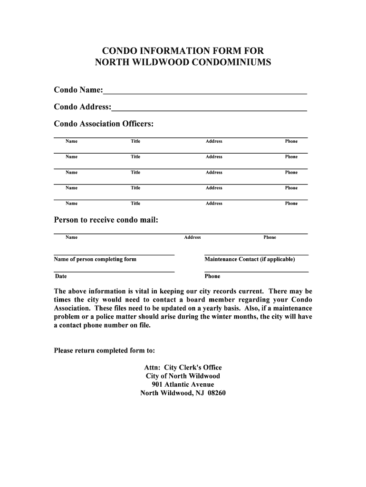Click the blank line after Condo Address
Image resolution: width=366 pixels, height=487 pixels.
click(x=209, y=110)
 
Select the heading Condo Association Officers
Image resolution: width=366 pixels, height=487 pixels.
click(x=104, y=124)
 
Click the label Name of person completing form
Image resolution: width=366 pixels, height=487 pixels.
click(x=95, y=259)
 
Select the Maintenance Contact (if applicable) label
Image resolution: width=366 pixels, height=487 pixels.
click(x=250, y=259)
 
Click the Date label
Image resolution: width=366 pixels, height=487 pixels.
click(x=61, y=276)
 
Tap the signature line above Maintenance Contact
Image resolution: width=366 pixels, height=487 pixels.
click(x=256, y=255)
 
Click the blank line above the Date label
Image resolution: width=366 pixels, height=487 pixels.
click(x=114, y=272)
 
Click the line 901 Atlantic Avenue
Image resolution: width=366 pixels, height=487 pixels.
click(x=183, y=384)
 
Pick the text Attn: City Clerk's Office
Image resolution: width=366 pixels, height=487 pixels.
click(x=183, y=367)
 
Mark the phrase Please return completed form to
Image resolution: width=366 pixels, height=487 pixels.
click(x=105, y=351)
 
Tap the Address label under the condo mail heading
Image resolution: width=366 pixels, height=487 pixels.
click(x=193, y=237)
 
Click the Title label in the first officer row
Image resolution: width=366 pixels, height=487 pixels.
click(x=135, y=141)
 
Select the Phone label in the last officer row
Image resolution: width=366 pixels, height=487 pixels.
click(x=291, y=204)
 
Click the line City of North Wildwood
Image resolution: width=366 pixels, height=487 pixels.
click(x=183, y=376)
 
